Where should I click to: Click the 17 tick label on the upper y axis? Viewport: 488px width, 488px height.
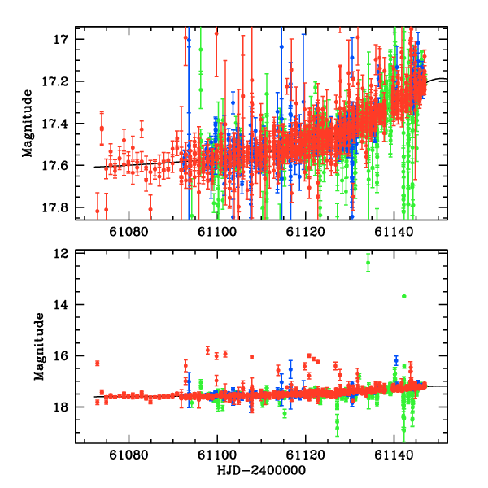coord(60,40)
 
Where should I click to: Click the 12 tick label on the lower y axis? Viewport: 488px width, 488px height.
coord(59,254)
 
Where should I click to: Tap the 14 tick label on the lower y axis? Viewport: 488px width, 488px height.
coord(59,305)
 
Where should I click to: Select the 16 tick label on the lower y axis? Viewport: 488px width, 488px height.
coord(59,356)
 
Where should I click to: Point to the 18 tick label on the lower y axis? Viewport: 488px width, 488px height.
coord(59,407)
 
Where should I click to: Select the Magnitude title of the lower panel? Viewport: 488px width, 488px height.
coord(37,348)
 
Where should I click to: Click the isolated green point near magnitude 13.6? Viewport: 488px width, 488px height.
coord(403,296)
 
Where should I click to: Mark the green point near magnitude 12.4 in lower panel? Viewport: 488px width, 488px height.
coord(368,263)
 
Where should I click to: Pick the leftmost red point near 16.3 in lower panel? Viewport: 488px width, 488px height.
coord(97,363)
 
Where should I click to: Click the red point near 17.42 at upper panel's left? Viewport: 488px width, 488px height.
coord(102,129)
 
